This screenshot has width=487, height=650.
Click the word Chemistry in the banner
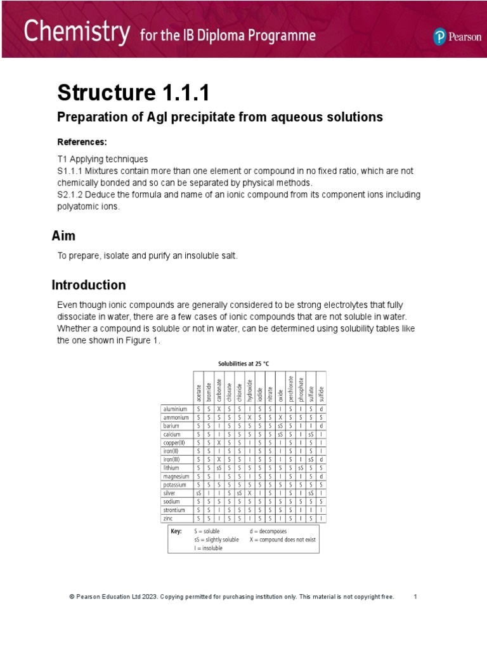pos(77,32)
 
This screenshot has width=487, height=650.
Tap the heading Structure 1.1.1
pos(133,93)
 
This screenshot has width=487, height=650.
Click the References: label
pos(82,141)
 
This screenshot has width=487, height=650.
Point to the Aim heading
pos(63,236)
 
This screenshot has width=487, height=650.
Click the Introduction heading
pos(89,285)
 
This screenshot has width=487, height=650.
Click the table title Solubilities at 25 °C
pos(244,364)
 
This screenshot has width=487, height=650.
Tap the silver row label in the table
pos(169,493)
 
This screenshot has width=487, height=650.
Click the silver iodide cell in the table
pos(260,493)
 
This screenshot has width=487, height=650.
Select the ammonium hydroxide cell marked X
pos(250,418)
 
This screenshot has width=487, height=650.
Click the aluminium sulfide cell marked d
pos(321,409)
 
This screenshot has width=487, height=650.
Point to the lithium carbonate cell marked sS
pos(219,468)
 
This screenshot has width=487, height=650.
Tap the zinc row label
pos(168,518)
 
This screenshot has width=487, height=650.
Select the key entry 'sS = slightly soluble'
pos(217,540)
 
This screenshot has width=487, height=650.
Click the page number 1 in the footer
pos(415,597)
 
